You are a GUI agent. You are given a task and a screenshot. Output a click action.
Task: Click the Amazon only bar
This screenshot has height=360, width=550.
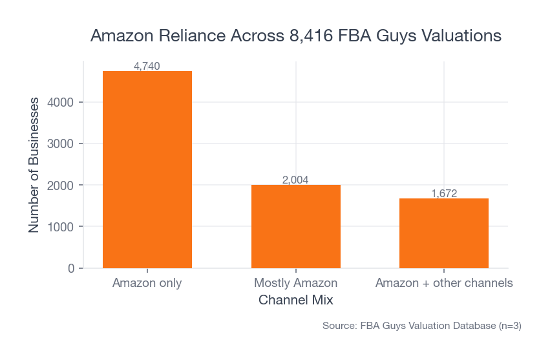[147, 169]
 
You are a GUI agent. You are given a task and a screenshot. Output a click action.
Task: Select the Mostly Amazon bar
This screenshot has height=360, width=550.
[295, 226]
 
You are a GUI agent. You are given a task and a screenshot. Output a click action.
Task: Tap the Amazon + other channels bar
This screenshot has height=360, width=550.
[444, 233]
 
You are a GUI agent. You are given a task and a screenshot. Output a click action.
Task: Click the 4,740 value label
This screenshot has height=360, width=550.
[147, 66]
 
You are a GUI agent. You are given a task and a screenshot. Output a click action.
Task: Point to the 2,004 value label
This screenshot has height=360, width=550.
[295, 180]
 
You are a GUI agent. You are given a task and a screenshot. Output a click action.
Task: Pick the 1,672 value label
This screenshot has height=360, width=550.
[444, 193]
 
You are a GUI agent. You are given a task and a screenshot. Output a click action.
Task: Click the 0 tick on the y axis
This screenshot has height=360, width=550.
[71, 268]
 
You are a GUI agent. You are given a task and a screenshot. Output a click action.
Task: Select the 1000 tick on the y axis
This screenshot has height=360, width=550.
[62, 227]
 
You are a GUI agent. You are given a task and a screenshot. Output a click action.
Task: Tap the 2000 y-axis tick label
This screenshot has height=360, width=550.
[62, 185]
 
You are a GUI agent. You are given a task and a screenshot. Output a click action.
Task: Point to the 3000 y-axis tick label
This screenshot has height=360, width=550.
[62, 143]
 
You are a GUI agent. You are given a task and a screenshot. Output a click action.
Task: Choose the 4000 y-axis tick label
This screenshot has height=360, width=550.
[62, 102]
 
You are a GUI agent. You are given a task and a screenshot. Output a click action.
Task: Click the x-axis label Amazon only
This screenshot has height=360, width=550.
[147, 283]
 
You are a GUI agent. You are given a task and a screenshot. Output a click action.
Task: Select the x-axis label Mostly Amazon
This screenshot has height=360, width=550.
[295, 283]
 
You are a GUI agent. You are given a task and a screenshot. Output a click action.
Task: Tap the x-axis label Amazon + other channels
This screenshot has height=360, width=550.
[444, 283]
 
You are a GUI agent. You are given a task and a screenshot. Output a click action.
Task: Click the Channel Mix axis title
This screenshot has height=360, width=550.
[295, 301]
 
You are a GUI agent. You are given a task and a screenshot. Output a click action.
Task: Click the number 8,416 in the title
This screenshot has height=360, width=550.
[304, 36]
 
